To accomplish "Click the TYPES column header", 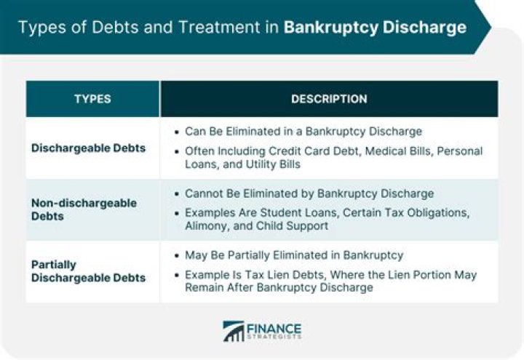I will (x=92, y=99).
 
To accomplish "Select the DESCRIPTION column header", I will (x=329, y=99).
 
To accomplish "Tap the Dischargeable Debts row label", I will (x=88, y=148).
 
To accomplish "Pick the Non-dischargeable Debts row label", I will (x=84, y=209).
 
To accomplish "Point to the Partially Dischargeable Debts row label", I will (x=88, y=271).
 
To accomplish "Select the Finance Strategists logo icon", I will (x=234, y=331).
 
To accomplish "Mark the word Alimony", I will (x=207, y=225).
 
